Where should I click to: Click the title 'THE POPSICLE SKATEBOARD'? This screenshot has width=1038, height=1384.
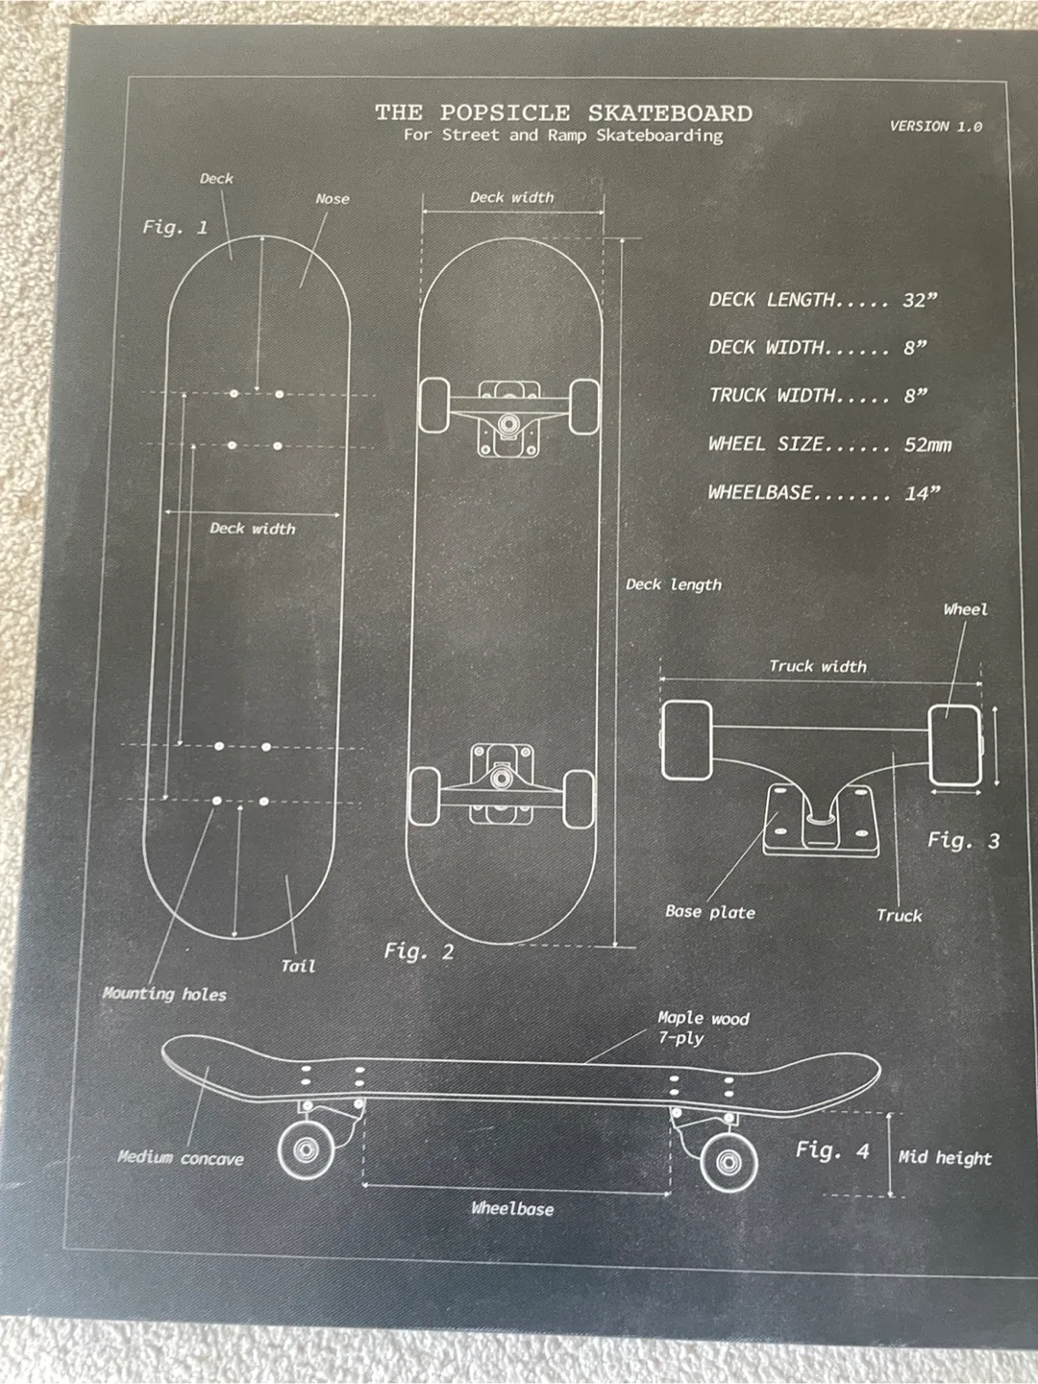coord(563,113)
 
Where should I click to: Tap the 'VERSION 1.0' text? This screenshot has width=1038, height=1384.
coord(935,126)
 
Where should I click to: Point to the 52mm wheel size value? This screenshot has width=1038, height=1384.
coord(927,445)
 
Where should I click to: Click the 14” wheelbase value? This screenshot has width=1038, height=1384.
coord(922,493)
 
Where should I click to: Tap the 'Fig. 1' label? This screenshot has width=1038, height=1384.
coord(175,228)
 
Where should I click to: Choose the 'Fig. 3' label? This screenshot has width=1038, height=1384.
coord(963,841)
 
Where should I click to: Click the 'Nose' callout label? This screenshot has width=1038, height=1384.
coord(333,199)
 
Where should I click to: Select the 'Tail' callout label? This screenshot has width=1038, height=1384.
coord(298,966)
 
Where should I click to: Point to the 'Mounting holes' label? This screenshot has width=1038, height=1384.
coord(164,994)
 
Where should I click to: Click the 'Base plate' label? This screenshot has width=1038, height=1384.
coord(710,912)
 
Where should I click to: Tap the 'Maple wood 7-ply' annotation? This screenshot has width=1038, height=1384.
coord(703,1027)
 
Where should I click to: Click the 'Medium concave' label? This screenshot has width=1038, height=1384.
coord(181,1158)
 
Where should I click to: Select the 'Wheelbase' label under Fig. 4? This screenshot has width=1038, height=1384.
coord(512,1209)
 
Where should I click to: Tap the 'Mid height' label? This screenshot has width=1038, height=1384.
coord(945,1158)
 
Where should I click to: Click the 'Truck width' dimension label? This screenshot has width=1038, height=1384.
coord(818,666)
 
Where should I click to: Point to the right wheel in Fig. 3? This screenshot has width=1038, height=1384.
coord(954,746)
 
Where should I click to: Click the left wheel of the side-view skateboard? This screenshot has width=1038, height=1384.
coord(307,1149)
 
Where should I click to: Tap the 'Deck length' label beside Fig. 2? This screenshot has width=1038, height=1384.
coord(674,584)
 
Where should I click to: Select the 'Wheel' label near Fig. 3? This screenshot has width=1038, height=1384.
coord(965,609)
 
